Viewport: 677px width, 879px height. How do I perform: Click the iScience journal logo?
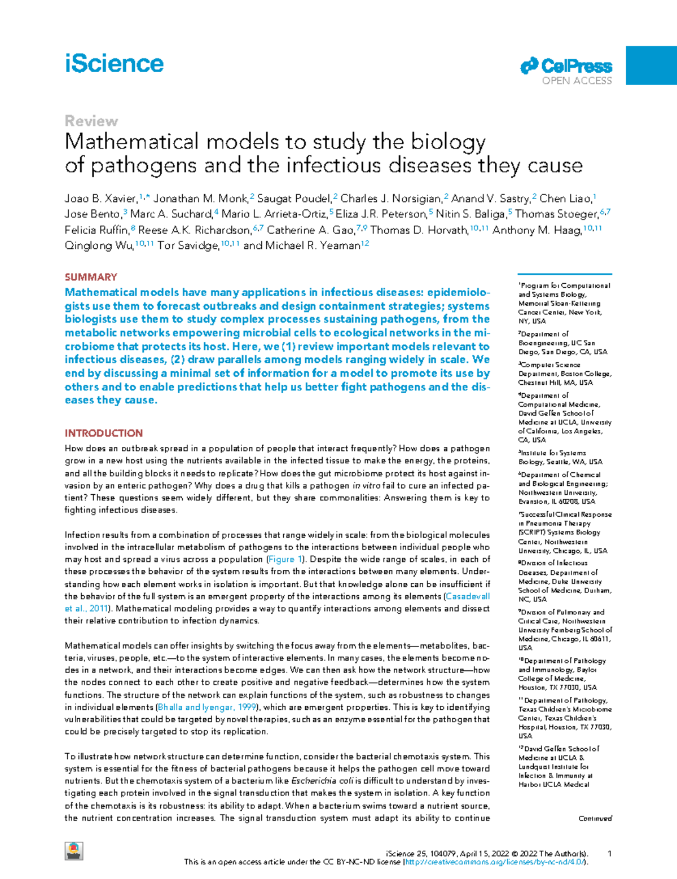pyautogui.click(x=114, y=64)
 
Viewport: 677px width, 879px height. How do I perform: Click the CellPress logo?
pyautogui.click(x=566, y=66)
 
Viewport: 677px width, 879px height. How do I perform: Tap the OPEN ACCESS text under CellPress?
pyautogui.click(x=577, y=81)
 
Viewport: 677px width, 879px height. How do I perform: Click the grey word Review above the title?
pyautogui.click(x=91, y=121)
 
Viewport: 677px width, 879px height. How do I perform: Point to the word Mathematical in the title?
pyautogui.click(x=131, y=142)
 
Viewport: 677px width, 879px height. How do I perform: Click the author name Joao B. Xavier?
pyautogui.click(x=100, y=199)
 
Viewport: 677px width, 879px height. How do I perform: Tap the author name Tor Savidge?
pyautogui.click(x=188, y=245)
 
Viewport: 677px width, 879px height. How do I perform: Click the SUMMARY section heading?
pyautogui.click(x=91, y=277)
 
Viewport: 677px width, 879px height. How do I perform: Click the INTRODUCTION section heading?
pyautogui.click(x=104, y=433)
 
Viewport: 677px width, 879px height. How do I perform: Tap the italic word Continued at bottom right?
pyautogui.click(x=595, y=818)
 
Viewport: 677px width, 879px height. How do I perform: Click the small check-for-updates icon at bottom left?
pyautogui.click(x=73, y=851)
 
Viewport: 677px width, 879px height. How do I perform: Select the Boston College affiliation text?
pyautogui.click(x=565, y=373)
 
